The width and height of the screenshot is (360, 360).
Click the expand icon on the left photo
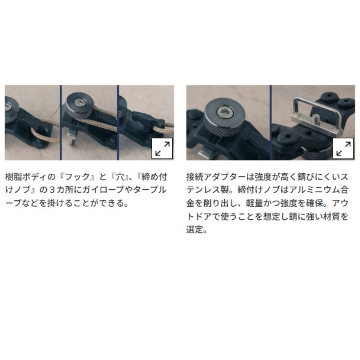(x=162, y=148)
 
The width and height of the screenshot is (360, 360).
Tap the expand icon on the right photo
(x=343, y=148)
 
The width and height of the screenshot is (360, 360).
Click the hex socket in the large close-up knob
(x=225, y=112)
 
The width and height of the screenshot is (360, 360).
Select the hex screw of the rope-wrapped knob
(x=79, y=101)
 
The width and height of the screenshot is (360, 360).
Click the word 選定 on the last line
(x=195, y=229)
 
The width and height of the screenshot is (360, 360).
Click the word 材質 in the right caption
(x=331, y=217)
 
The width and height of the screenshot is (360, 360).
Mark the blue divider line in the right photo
(x=271, y=122)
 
